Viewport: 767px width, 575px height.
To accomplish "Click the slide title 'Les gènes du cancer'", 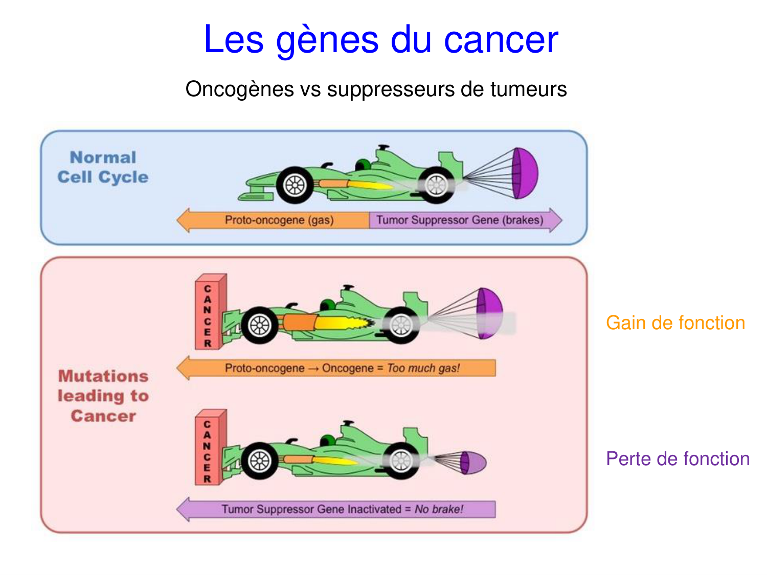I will [380, 40].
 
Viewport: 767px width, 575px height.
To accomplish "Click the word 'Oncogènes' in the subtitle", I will [239, 89].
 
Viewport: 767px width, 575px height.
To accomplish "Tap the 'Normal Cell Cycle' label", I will [103, 167].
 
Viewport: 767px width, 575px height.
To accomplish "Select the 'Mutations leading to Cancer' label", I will [103, 396].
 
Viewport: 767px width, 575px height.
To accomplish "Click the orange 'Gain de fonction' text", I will [675, 323].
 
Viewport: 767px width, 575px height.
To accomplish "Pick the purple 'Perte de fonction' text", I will [678, 459].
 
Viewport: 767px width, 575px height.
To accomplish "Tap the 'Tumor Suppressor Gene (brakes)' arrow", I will [460, 220].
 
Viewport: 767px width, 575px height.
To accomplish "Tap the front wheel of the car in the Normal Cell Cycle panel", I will [295, 185].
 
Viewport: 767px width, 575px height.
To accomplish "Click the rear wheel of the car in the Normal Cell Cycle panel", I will [436, 185].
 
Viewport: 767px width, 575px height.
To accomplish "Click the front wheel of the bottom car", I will [260, 461].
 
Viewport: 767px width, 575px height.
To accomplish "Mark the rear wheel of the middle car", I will [401, 325].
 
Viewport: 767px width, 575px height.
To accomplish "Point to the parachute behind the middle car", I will [488, 313].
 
